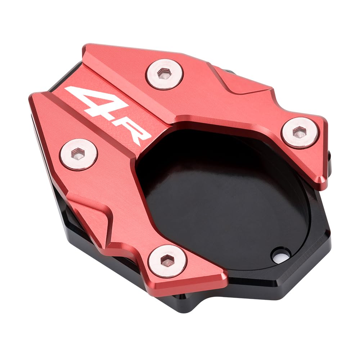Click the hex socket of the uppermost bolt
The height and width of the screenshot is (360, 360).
point(164,74)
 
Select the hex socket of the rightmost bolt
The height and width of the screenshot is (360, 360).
point(300,132)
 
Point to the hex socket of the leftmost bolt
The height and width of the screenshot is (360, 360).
point(78,154)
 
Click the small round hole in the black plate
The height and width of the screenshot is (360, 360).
point(281,255)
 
